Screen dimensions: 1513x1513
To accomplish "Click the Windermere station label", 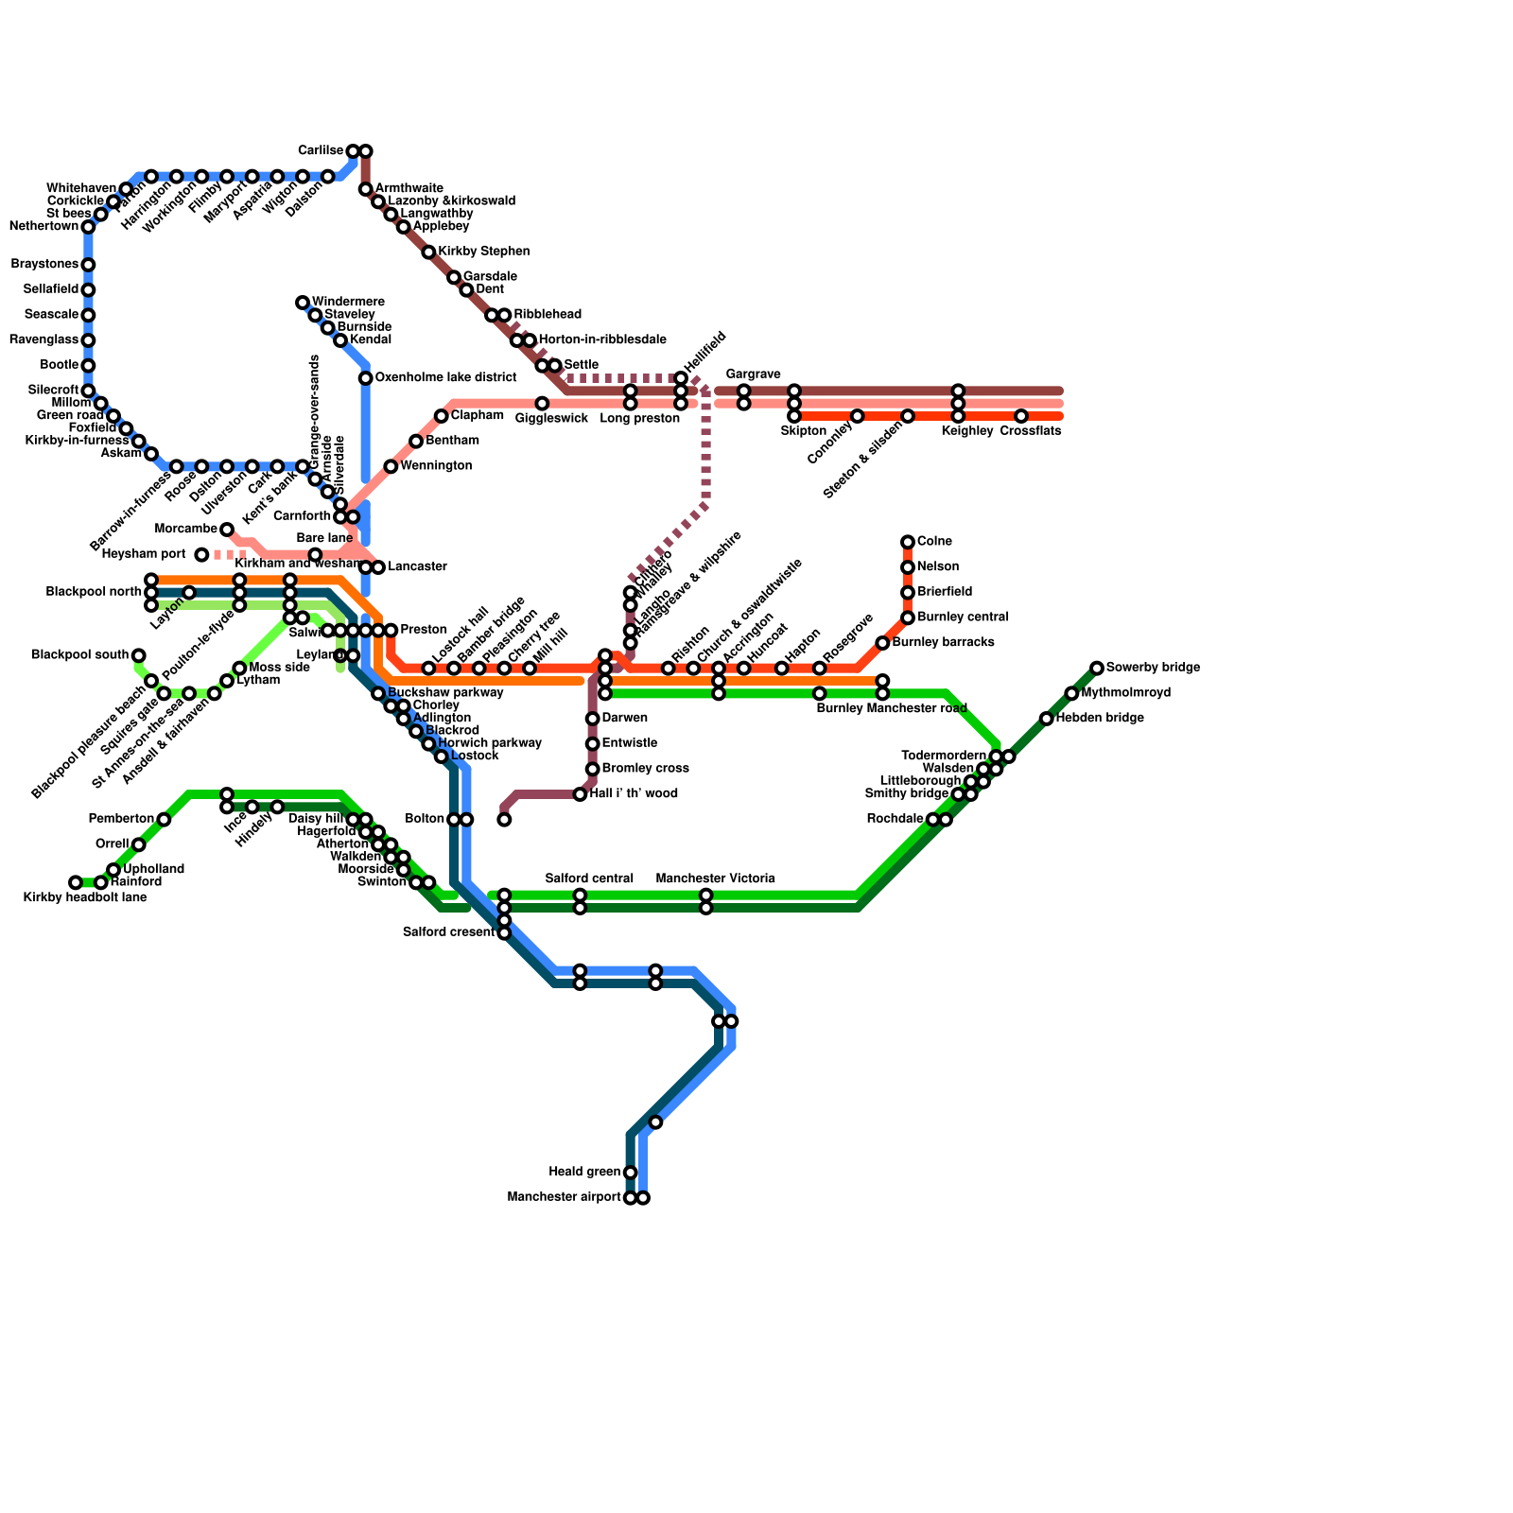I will click(x=347, y=303).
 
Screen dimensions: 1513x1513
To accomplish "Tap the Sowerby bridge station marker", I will click(x=1096, y=669).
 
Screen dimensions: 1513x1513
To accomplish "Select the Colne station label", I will click(x=933, y=542).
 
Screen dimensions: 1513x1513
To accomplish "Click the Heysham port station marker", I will click(x=201, y=555).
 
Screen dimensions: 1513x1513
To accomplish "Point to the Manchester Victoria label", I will click(x=715, y=879).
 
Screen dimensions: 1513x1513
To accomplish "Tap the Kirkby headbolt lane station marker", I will click(x=76, y=883).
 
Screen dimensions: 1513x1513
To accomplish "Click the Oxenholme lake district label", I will click(x=444, y=378).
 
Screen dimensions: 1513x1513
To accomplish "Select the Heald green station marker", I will click(x=631, y=1173).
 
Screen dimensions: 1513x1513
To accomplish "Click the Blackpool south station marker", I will click(x=139, y=655).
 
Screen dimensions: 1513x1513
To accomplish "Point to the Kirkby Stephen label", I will click(x=483, y=252).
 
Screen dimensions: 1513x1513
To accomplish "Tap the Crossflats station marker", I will click(x=1021, y=416).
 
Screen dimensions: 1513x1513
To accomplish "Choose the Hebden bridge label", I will click(x=1099, y=719).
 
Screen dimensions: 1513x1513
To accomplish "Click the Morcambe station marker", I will click(x=227, y=530).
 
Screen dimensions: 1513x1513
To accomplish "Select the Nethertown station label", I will click(x=43, y=227).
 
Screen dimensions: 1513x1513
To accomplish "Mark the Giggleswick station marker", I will click(x=542, y=404).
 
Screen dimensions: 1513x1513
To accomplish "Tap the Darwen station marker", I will click(x=593, y=719).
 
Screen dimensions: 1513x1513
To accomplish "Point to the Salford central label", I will click(x=589, y=879).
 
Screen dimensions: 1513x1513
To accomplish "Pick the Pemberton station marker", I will click(x=164, y=820).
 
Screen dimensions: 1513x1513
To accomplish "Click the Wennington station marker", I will click(x=391, y=467).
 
